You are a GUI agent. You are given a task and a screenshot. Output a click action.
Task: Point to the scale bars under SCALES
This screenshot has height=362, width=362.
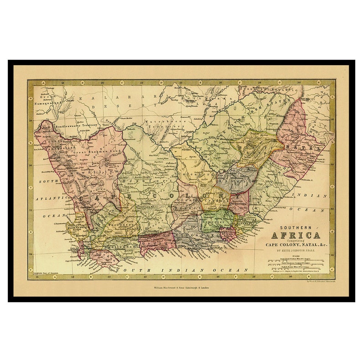click(x=295, y=264)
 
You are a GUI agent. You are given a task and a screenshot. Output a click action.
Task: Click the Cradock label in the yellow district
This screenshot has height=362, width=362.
click(x=212, y=201)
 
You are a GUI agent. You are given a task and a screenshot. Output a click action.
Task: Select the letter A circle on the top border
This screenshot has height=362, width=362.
click(x=43, y=83)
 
